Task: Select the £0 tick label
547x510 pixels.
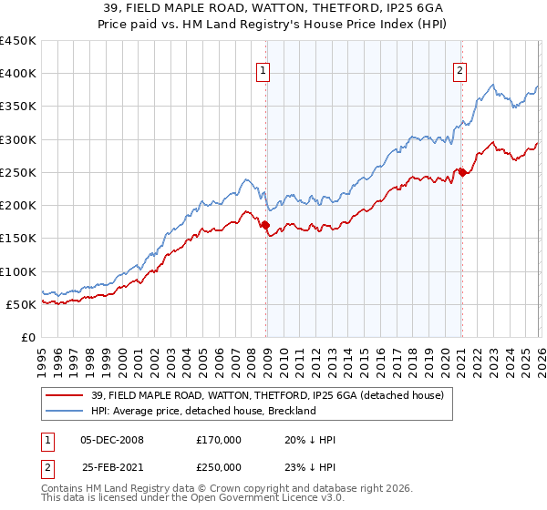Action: pos(29,337)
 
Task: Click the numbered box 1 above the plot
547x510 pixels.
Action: pos(263,71)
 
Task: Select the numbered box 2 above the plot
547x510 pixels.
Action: pos(460,71)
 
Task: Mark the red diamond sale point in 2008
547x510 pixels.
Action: pos(265,225)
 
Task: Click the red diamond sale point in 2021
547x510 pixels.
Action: pos(462,172)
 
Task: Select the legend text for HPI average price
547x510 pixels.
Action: pos(203,411)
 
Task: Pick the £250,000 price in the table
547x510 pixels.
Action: pos(219,466)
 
